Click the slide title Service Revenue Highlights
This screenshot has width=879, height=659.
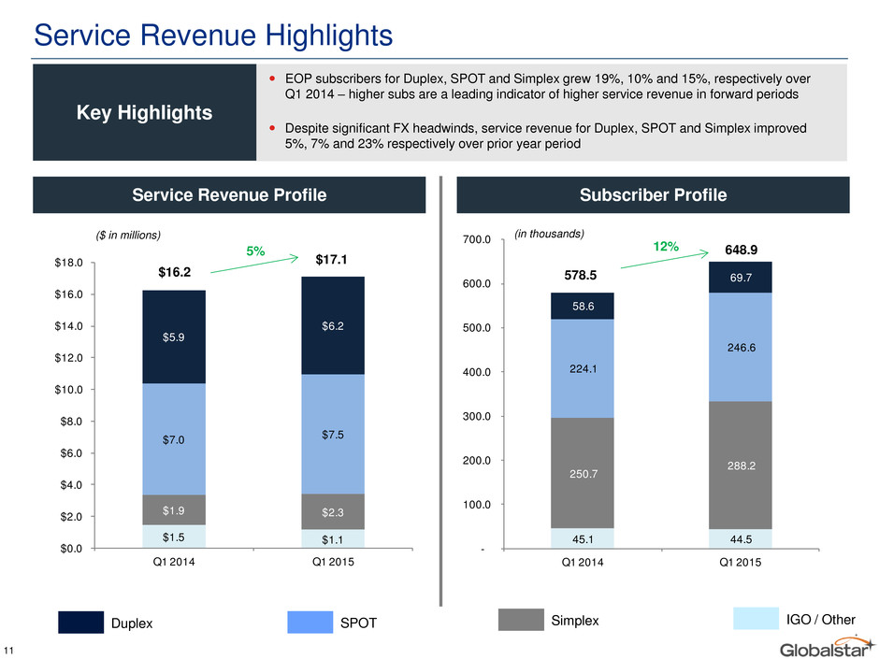click(x=213, y=35)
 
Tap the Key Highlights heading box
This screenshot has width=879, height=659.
click(x=145, y=112)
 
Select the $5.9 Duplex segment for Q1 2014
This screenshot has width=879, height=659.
click(x=174, y=337)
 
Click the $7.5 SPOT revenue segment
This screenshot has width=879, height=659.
click(x=333, y=435)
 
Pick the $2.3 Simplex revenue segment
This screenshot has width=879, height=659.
click(x=333, y=511)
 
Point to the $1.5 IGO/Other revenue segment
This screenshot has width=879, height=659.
click(x=174, y=537)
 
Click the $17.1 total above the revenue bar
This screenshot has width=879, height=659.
click(x=331, y=260)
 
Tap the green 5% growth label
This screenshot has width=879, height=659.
click(x=255, y=251)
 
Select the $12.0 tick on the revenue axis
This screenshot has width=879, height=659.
click(x=69, y=357)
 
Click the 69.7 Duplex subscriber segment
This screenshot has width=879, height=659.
click(x=741, y=278)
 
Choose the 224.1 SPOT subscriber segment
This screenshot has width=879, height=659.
click(x=583, y=368)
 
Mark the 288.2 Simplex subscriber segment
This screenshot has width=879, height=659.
click(x=741, y=466)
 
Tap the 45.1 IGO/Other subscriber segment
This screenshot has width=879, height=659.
click(x=583, y=538)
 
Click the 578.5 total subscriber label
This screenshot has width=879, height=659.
click(x=580, y=275)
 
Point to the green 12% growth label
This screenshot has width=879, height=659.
click(x=666, y=247)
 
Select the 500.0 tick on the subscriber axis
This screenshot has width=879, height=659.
click(x=477, y=328)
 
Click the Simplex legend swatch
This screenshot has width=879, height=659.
click(x=521, y=620)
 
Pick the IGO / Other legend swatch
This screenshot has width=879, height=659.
click(x=756, y=619)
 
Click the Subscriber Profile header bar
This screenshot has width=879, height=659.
click(x=653, y=195)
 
